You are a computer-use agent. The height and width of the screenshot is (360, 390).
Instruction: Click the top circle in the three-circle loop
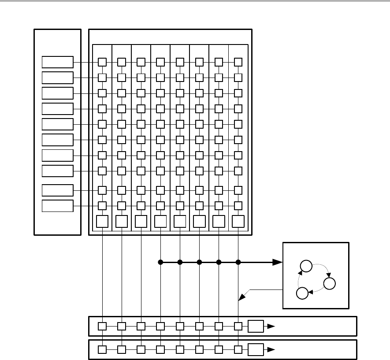[x=305, y=266]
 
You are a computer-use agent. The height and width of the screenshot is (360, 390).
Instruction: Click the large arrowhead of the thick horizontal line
[x=277, y=262]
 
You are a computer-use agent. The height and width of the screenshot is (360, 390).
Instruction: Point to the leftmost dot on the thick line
[x=160, y=262]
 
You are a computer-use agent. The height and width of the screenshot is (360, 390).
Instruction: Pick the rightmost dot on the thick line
[x=238, y=262]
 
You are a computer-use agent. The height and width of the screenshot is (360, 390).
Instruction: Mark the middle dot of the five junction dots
[x=199, y=262]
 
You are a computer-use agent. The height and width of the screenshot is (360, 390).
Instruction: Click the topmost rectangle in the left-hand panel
[x=58, y=62]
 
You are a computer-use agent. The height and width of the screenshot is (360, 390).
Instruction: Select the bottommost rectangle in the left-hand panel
[x=58, y=206]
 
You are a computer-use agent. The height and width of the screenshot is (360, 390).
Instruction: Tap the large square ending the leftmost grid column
[x=102, y=221]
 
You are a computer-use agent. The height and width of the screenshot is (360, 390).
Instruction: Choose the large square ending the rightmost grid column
[x=238, y=221]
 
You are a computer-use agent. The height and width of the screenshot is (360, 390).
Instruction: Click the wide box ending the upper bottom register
[x=256, y=326]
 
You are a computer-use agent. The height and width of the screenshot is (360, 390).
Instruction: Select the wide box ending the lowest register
[x=256, y=350]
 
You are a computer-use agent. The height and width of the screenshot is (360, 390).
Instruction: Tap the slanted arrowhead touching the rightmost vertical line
[x=241, y=299]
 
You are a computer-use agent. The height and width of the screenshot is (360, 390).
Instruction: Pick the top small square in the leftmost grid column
[x=102, y=62]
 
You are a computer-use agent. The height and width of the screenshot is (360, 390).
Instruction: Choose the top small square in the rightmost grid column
[x=238, y=62]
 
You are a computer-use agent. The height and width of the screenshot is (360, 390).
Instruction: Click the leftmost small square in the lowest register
[x=102, y=350]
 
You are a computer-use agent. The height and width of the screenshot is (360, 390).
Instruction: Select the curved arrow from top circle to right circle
[x=321, y=269]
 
